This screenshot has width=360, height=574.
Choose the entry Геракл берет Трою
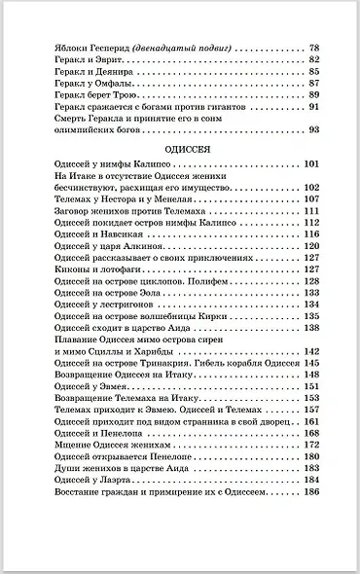pos(90,95)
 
